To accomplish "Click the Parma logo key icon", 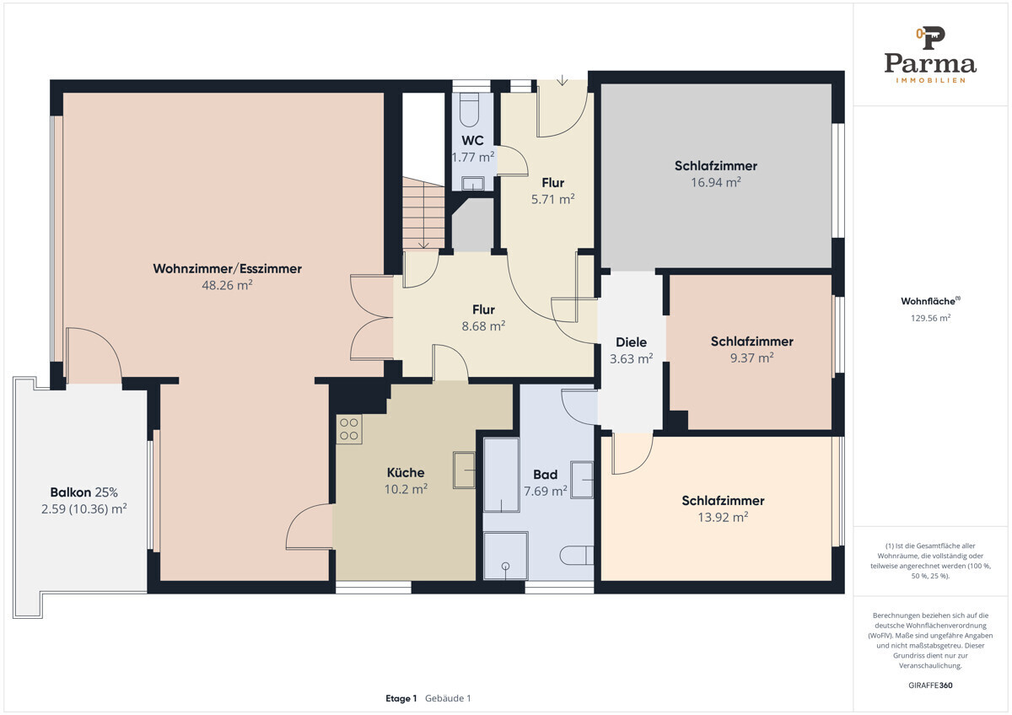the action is tap(930, 38).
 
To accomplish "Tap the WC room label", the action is tap(472, 141).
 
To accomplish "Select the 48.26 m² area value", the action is tap(227, 285).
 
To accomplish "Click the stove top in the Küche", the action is tap(349, 429).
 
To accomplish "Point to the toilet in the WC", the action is tap(470, 110).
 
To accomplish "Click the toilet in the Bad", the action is tap(577, 555).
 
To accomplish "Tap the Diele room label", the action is tap(631, 342).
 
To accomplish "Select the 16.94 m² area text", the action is tap(716, 182).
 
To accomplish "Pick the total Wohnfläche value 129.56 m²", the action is tap(930, 318).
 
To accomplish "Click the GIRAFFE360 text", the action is tap(930, 685).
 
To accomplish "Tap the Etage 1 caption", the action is tap(401, 698).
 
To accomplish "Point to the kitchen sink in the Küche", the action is tap(464, 470).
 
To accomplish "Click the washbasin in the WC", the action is tap(472, 183).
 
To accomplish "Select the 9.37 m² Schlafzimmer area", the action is tap(751, 357).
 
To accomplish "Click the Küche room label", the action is tap(406, 472).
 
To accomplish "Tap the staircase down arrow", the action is tap(423, 244).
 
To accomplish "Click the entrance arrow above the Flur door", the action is tap(562, 80).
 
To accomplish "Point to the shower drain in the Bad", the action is tap(505, 566).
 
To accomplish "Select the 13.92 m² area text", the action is tap(723, 517).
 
